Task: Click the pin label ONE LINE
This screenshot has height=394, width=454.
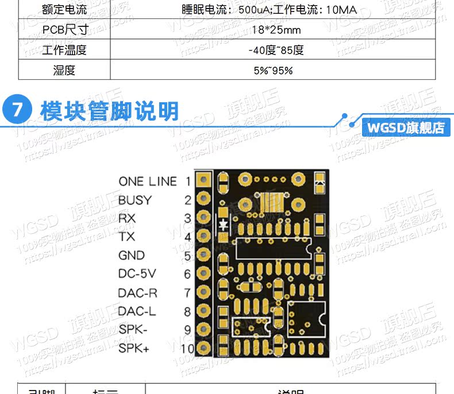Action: tap(148, 181)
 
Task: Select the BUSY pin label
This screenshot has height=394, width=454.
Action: tap(135, 200)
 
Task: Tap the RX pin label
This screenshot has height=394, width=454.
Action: tap(127, 219)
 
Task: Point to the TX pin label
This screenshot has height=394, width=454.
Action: tap(126, 237)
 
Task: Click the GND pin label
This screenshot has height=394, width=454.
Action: tap(132, 256)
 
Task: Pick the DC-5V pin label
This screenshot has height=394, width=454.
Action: tap(137, 274)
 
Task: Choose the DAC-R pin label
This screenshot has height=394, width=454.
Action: tap(137, 293)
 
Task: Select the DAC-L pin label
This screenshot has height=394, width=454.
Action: tap(137, 311)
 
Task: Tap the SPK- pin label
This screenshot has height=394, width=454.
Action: tap(133, 330)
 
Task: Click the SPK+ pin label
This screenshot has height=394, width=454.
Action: tap(134, 348)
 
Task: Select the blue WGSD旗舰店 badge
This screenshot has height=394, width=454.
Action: tap(406, 127)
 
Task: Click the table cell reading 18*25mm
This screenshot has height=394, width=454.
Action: tap(272, 30)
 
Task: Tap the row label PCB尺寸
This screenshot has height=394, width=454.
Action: tap(64, 30)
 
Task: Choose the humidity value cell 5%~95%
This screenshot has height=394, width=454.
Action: tap(273, 71)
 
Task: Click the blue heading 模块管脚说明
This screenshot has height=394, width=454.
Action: tap(110, 111)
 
